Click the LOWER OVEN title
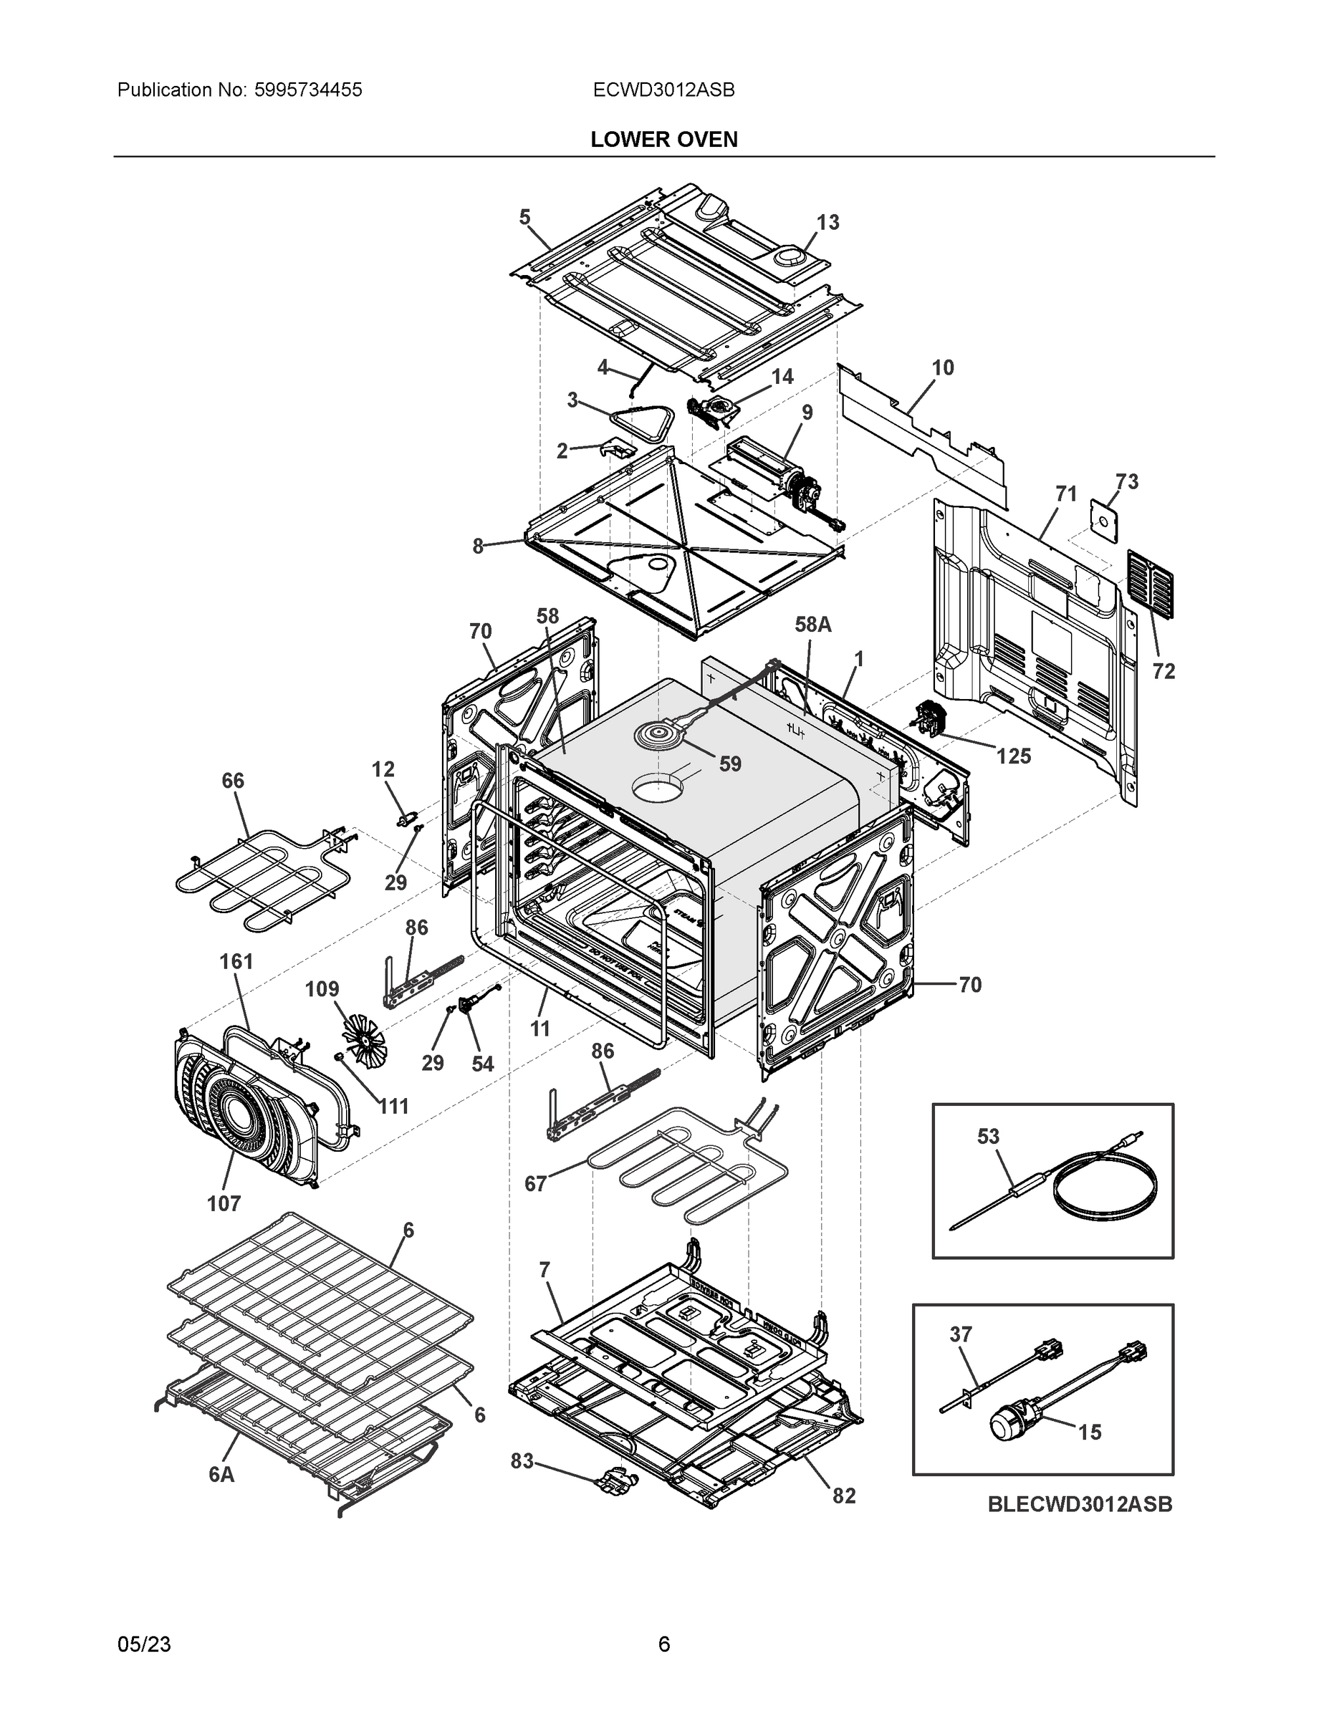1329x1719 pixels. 663,140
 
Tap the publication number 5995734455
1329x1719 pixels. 308,90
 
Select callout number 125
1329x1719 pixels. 1012,756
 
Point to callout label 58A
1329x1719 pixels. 812,625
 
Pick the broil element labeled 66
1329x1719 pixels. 260,874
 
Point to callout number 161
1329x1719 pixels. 236,962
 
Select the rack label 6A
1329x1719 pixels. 221,1475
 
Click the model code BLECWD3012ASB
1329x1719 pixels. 1080,1504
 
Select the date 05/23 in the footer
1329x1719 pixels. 144,1645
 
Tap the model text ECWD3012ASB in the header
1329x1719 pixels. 663,90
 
